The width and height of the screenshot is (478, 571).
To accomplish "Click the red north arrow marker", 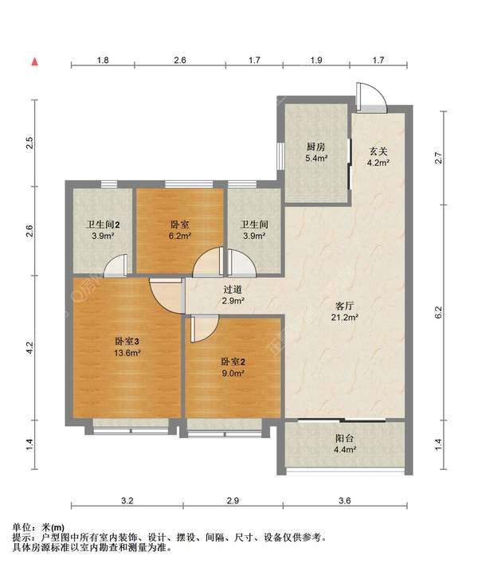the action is coord(35,62).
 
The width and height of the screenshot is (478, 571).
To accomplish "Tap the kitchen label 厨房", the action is coord(315,147).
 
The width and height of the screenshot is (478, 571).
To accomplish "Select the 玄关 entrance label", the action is coord(378,151).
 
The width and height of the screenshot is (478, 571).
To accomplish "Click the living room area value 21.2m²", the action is coord(345,317).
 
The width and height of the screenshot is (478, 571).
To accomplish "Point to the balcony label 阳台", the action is coord(345,438).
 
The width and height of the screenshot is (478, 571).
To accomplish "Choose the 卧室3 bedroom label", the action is coord(127,342).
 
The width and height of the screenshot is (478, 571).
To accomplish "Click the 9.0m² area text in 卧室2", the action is coord(233,373).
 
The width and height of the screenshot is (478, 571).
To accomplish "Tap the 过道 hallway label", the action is coord(233,290).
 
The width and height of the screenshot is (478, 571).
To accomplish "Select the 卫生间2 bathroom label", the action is coord(103,225).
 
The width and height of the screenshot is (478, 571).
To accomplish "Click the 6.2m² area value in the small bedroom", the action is coord(180,236).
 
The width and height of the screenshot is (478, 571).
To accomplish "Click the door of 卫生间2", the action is coord(116,264).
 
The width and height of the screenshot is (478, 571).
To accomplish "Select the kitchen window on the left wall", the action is coord(280,156).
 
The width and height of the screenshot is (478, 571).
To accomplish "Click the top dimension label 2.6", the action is coord(180,60).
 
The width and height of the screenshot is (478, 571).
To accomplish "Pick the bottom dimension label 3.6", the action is coord(345,501).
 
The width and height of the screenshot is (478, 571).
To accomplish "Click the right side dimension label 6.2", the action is coord(438,312).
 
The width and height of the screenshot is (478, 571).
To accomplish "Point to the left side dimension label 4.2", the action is coord(29,347).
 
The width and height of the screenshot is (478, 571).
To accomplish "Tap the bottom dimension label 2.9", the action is coord(233,501).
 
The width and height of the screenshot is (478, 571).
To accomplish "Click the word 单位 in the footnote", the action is coord(22,527).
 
